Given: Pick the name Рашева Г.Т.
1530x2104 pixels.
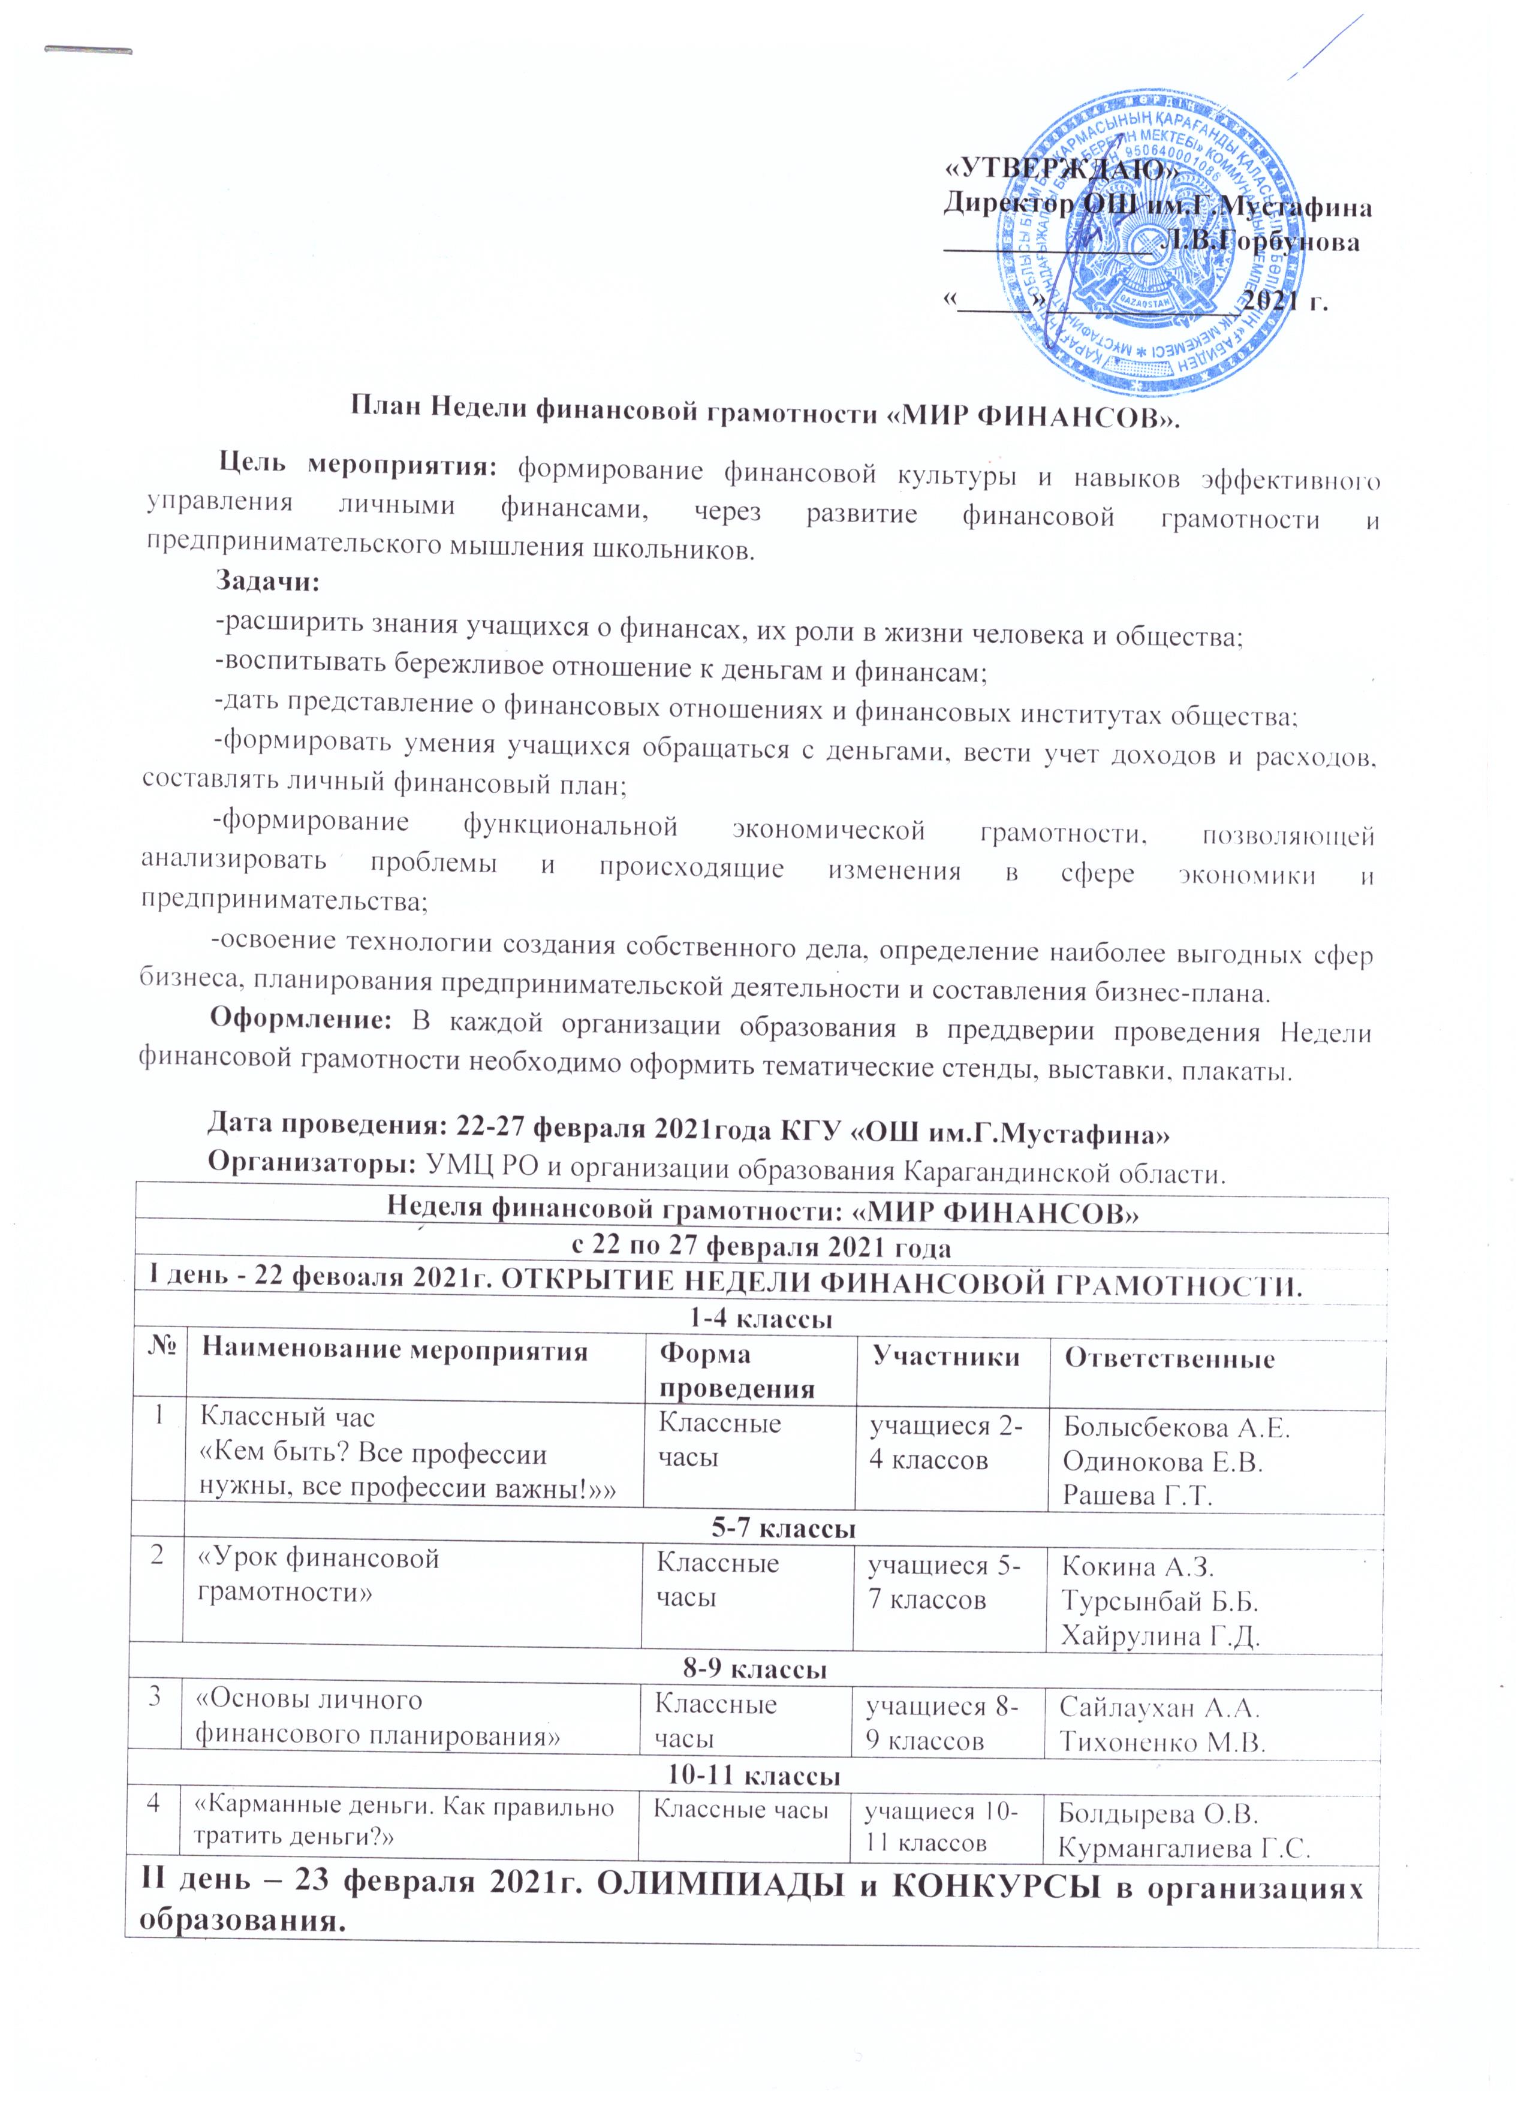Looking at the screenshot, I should pyautogui.click(x=1137, y=1497).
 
